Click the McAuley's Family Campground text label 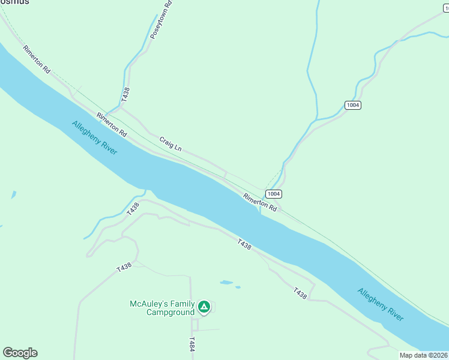coord(162,308)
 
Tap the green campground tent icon coord(205,308)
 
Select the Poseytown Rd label coord(161,20)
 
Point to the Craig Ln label coord(170,143)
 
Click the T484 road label coord(191,344)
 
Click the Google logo coord(20,353)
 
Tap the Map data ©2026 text coord(424,355)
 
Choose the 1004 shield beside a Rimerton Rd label coord(274,194)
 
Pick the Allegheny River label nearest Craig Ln coord(94,138)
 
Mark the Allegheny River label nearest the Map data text coord(381,305)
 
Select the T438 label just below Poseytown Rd coord(125,95)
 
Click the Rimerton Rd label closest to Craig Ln coord(112,124)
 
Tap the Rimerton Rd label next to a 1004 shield coord(260,202)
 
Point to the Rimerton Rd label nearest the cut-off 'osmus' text coord(37,59)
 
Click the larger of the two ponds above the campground coord(226,282)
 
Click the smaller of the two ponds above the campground coord(238,287)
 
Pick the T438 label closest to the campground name coord(124,268)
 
